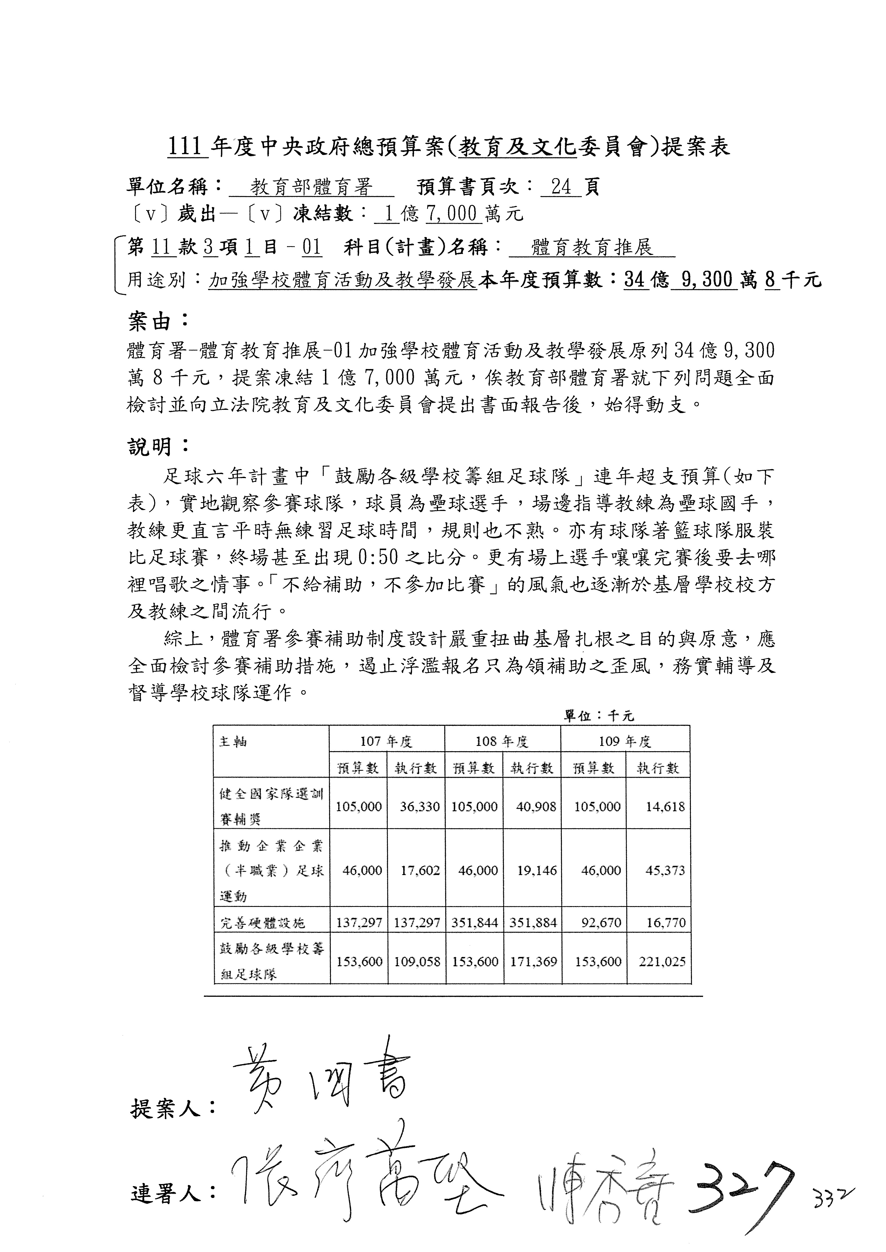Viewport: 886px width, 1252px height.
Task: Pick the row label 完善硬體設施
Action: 262,923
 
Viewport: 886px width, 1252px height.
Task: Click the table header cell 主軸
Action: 233,742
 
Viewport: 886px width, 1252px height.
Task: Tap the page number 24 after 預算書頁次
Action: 561,188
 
